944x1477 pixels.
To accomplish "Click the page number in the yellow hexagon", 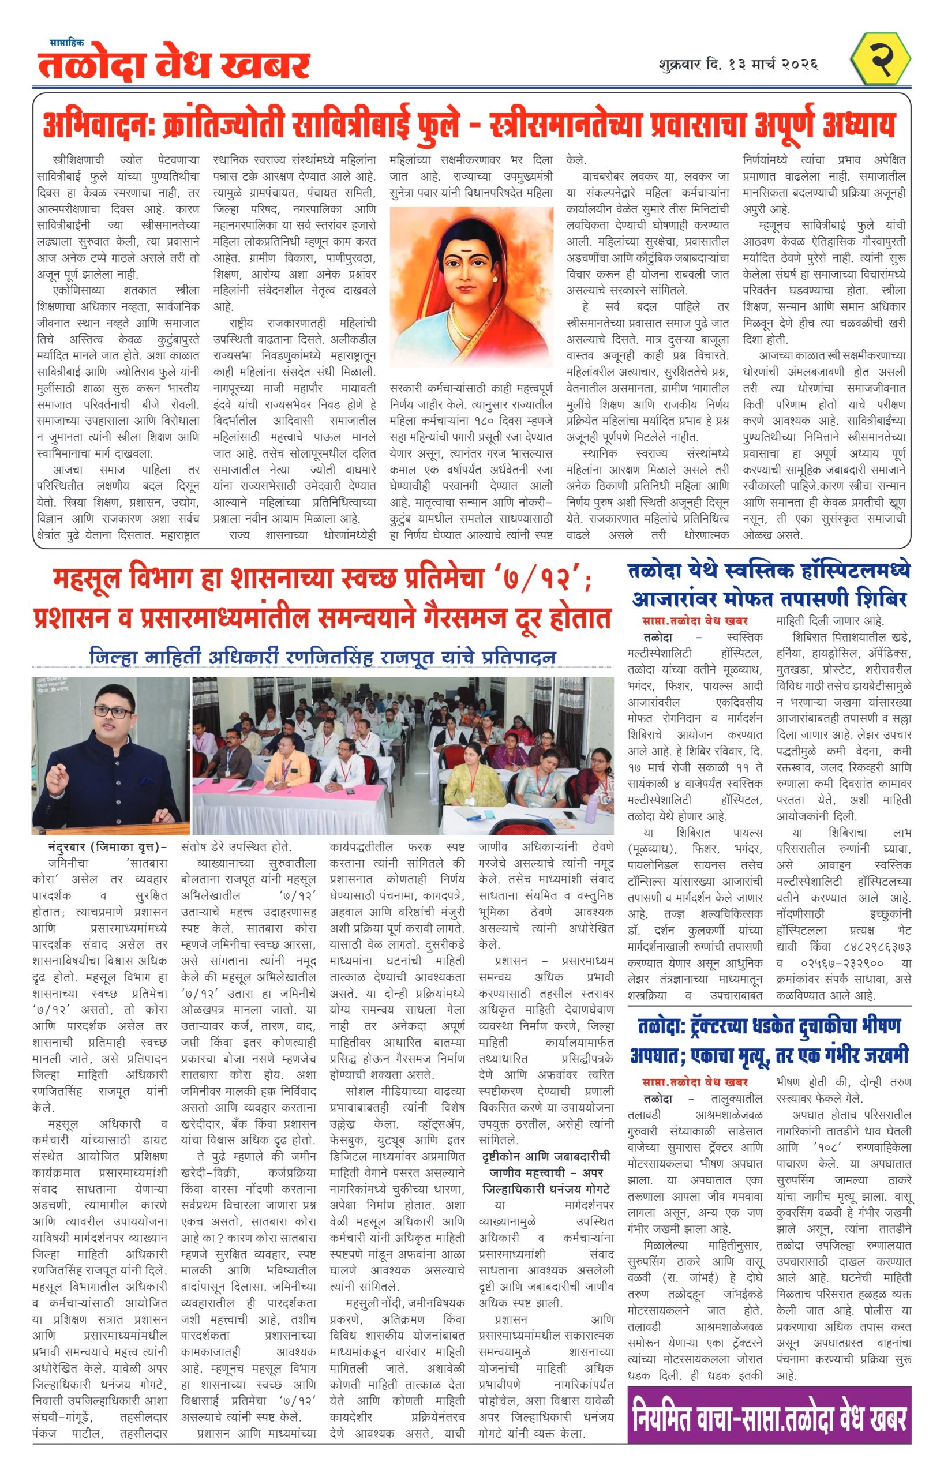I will click(881, 59).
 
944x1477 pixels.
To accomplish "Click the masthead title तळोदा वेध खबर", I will click(174, 66).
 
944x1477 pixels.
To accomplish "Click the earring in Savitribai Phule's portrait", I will click(495, 280).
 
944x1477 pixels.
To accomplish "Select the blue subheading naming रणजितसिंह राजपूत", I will click(323, 657).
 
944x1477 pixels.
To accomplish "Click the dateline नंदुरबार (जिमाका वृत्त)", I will click(107, 847).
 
